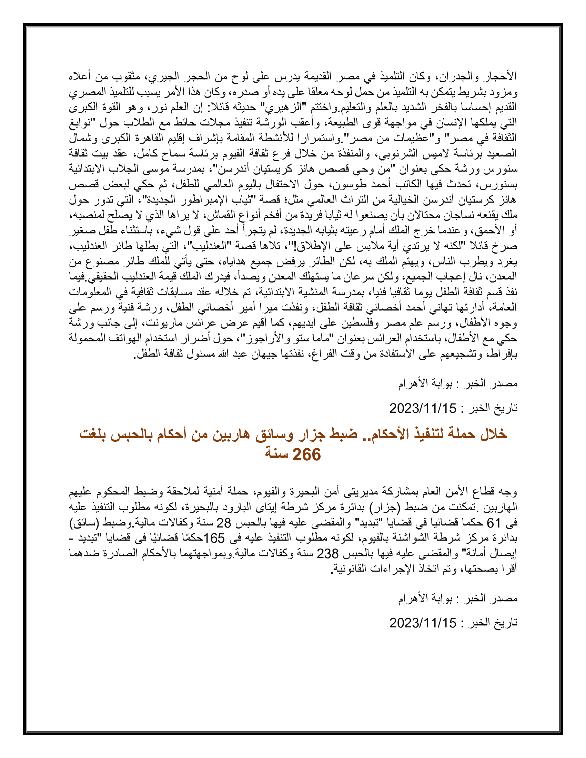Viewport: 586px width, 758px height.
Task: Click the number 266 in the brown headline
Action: [x=306, y=455]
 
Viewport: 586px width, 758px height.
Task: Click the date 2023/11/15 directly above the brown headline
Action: [x=423, y=408]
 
